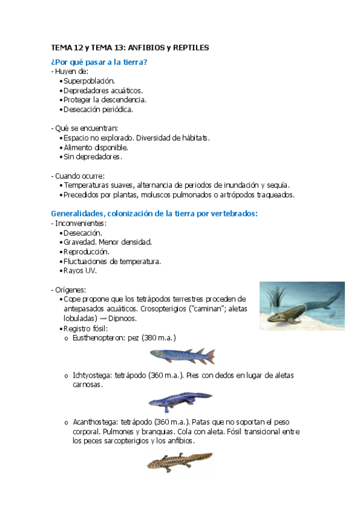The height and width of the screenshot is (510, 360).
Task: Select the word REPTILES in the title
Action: (191, 47)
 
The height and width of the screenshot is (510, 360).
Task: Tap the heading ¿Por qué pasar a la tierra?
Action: (99, 61)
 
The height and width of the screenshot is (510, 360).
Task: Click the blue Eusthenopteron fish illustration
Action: (181, 356)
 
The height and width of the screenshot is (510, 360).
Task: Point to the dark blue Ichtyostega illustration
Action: (180, 400)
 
